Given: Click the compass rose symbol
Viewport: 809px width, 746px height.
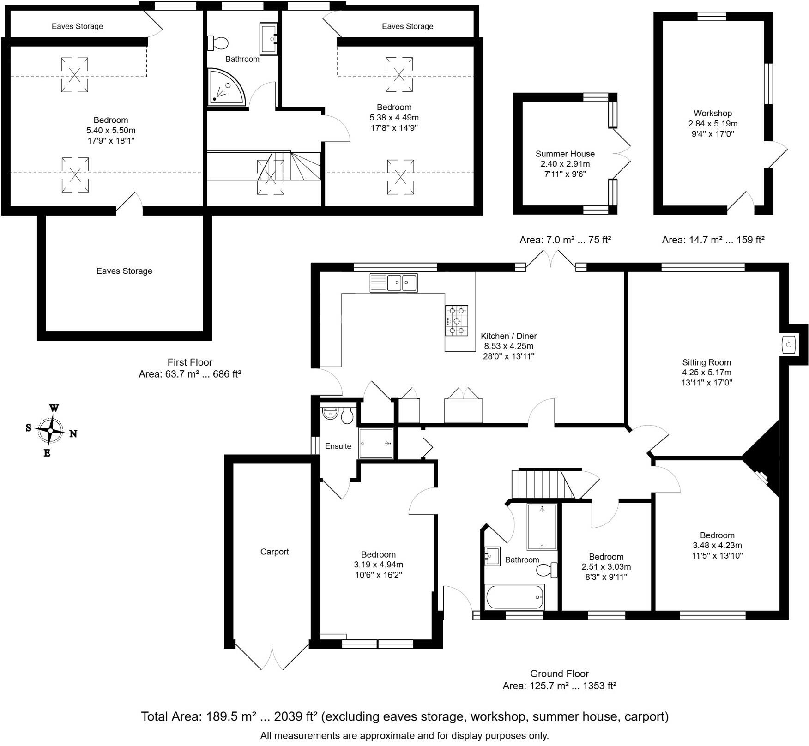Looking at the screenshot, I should point(50,430).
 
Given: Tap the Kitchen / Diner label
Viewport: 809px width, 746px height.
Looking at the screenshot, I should point(508,336).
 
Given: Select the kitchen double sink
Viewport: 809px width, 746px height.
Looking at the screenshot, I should point(393,283).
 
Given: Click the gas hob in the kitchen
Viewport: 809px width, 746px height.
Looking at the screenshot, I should point(456,320).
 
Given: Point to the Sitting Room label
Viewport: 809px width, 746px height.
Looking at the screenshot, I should point(706,362).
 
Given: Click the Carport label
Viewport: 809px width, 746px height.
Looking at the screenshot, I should point(274,552).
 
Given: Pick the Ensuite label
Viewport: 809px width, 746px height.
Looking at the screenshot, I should point(338,446).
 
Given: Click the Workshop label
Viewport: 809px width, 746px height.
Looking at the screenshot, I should point(712,113).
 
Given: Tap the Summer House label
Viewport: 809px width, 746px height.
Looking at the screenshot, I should point(565,154).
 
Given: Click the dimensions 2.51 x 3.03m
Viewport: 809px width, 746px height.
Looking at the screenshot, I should point(606,567).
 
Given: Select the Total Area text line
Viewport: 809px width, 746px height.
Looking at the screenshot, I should point(404,716).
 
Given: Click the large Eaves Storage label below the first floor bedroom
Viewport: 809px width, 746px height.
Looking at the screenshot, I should point(124,271).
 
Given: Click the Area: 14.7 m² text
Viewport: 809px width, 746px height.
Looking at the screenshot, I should point(713,240).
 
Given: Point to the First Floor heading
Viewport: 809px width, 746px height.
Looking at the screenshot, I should point(190,362).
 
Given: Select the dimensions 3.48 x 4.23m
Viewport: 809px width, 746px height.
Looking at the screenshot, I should point(717,545).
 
